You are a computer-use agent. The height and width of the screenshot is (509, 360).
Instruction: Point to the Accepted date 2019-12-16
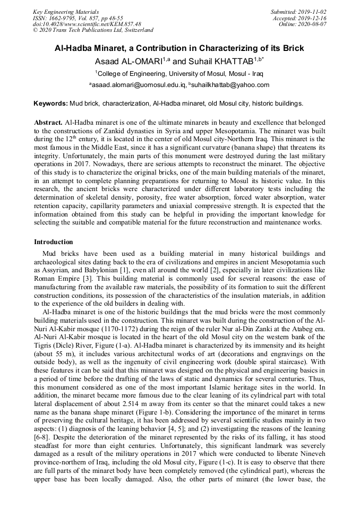coord(312,18)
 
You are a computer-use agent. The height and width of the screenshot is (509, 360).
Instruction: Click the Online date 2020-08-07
coord(314,24)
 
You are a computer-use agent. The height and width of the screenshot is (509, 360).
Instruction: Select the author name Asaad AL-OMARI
coord(127,61)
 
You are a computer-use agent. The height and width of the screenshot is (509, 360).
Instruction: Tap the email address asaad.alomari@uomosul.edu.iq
coord(139,85)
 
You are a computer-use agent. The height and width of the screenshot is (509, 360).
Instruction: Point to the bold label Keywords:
coord(50,103)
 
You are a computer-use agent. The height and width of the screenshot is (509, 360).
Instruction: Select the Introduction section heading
coord(54,242)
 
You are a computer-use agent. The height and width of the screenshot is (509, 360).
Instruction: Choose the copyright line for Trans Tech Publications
coord(93,30)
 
